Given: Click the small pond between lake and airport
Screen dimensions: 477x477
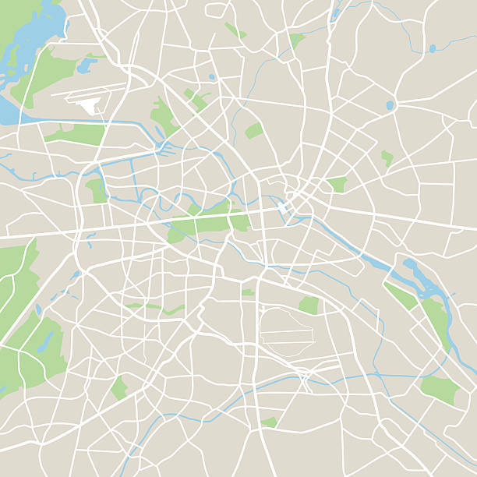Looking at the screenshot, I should click(x=85, y=65).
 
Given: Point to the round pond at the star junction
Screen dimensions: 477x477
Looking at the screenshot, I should click(x=390, y=105).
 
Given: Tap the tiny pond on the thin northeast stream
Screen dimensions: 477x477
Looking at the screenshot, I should click(x=433, y=48).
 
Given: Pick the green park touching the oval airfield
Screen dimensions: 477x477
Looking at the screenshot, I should click(x=309, y=305).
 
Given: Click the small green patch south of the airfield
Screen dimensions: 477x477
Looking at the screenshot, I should click(x=270, y=422).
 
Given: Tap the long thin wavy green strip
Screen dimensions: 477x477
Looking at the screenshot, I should click(x=156, y=307).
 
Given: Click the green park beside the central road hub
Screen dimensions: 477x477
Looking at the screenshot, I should click(x=337, y=185).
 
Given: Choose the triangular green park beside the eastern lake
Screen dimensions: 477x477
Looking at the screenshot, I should click(x=399, y=295).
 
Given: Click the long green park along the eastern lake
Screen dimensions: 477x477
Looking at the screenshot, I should click(x=437, y=320).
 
